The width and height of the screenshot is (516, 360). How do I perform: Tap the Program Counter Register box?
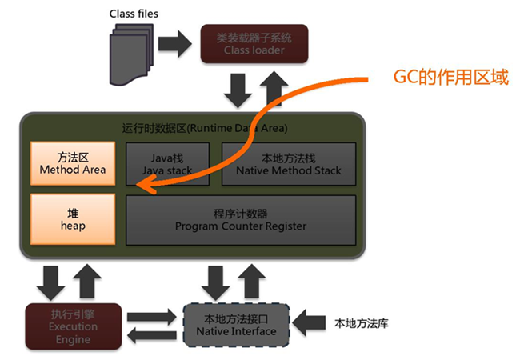(x=240, y=219)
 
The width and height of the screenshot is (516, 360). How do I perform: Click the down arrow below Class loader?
(x=237, y=90)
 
